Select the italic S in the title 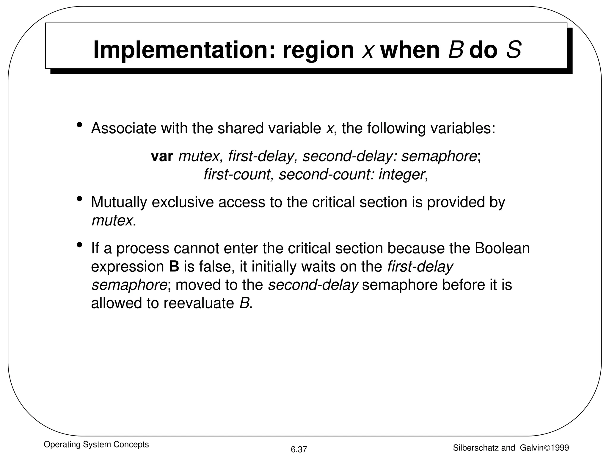[514, 50]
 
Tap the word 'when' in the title [410, 50]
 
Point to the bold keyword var [162, 156]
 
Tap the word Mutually [119, 202]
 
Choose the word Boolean [502, 248]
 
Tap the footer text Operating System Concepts [96, 445]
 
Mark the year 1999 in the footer [560, 448]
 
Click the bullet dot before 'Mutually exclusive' [79, 199]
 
